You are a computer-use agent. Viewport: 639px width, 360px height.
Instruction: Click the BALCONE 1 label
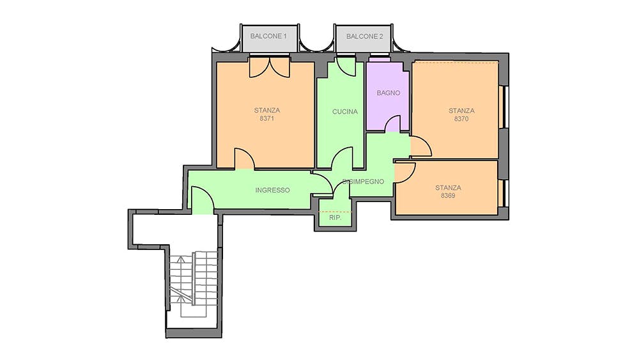click(x=268, y=36)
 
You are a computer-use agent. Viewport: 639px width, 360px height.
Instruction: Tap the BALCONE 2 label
click(x=364, y=36)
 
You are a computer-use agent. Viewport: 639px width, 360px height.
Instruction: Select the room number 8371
click(x=266, y=119)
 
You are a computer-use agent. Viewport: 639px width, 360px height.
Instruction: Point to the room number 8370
click(x=461, y=119)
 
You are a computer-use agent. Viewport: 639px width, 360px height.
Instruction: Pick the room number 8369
click(x=448, y=196)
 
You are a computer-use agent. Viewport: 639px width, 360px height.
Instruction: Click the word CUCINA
click(x=345, y=112)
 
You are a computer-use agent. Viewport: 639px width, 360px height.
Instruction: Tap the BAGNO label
click(x=388, y=93)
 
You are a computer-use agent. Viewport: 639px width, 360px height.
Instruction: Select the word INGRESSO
click(x=273, y=190)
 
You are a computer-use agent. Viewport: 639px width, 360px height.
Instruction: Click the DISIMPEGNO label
click(x=363, y=182)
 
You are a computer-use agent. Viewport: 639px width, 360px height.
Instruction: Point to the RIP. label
click(x=335, y=217)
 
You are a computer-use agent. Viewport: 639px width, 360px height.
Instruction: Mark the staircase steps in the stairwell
click(x=194, y=284)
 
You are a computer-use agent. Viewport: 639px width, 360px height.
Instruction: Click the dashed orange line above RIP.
click(x=335, y=212)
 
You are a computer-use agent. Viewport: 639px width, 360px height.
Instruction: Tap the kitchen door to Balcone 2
click(x=346, y=67)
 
